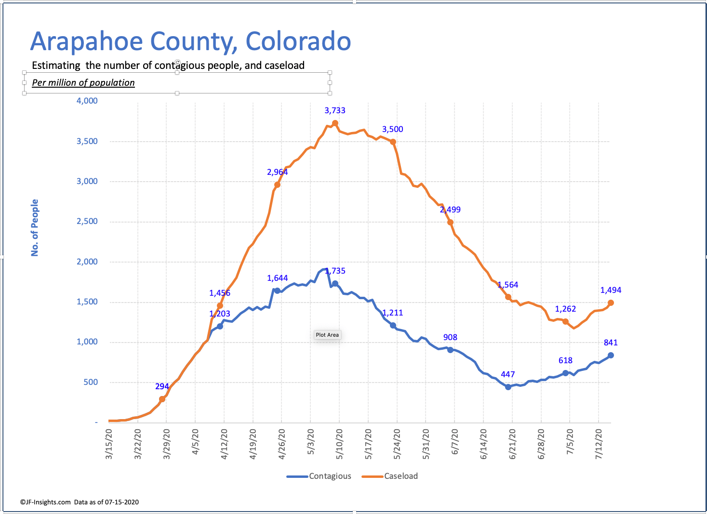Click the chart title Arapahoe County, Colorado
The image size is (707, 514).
coord(190,41)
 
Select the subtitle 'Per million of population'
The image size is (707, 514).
coord(83,82)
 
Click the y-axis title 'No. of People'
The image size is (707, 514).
coord(35,227)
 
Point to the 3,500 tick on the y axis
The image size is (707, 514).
coord(87,141)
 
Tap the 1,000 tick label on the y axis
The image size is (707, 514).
coord(87,342)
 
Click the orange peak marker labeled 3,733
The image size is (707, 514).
coord(335,123)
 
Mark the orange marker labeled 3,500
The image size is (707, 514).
coord(393,142)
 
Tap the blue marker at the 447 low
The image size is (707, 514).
coord(508,387)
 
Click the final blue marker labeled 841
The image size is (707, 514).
coord(611,355)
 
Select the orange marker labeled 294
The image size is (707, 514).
coord(162,399)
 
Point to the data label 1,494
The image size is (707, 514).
coord(611,290)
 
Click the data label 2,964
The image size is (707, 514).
coord(277,172)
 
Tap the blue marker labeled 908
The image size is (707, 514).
coord(450,350)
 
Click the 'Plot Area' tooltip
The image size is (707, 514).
coord(327,335)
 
